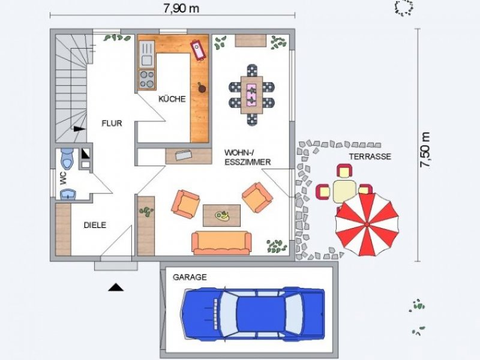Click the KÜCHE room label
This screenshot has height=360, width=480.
tap(172, 99)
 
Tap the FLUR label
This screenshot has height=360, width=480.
tap(112, 124)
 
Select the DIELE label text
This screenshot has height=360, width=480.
tap(95, 226)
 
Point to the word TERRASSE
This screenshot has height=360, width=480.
tap(370, 157)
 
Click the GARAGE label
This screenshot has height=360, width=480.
tap(190, 277)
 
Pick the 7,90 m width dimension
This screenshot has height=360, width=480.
tap(181, 8)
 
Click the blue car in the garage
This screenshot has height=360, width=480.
tap(253, 311)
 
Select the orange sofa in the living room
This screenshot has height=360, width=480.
tap(221, 242)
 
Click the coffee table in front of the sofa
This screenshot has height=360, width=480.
tap(221, 215)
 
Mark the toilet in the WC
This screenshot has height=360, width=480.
tap(68, 158)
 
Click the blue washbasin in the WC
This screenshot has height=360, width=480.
tap(68, 193)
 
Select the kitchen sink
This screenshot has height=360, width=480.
tap(146, 54)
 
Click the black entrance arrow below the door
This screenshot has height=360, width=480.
tap(115, 287)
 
